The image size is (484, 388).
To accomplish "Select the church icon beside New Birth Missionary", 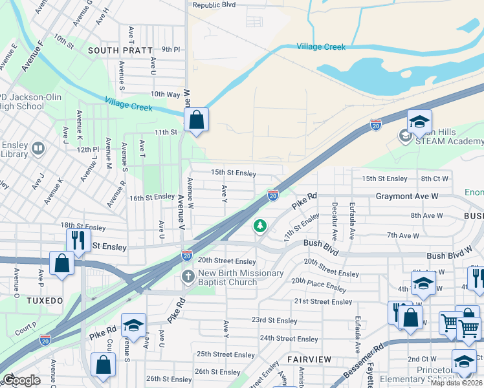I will tap(188, 277).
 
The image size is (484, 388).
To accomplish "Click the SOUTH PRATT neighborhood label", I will tap(120, 50).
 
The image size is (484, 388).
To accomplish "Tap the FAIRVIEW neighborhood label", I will tap(309, 359).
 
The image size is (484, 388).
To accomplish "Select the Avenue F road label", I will tap(31, 56).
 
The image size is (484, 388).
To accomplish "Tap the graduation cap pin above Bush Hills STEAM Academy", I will tap(419, 122).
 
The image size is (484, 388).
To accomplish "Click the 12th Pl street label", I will tap(86, 149).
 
